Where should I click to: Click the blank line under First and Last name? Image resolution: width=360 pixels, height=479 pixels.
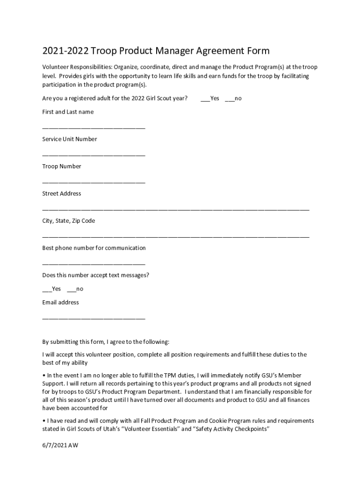(94, 127)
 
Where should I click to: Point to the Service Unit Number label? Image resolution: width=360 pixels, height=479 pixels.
(70, 139)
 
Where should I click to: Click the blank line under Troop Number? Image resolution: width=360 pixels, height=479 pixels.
(94, 181)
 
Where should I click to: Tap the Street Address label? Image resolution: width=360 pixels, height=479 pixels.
(62, 193)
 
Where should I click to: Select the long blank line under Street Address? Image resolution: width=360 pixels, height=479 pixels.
(176, 209)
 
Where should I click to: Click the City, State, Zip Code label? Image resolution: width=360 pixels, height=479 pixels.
(69, 220)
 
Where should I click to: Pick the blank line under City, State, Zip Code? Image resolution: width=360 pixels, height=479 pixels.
(176, 236)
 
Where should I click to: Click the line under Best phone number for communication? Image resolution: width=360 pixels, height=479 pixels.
(94, 263)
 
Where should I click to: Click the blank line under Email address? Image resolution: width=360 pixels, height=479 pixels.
(94, 318)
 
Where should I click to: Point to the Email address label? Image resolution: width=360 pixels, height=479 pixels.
(61, 302)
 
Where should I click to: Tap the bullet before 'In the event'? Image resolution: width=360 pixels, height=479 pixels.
(43, 375)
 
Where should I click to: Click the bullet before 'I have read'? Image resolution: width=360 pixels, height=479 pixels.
(43, 421)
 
